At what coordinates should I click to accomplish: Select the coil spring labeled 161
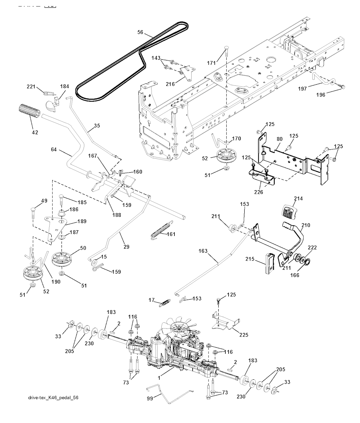pos(162,231)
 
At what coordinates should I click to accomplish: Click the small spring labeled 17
pos(165,302)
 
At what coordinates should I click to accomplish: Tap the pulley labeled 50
pos(63,258)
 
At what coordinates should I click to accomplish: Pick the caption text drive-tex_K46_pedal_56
pos(53,398)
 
